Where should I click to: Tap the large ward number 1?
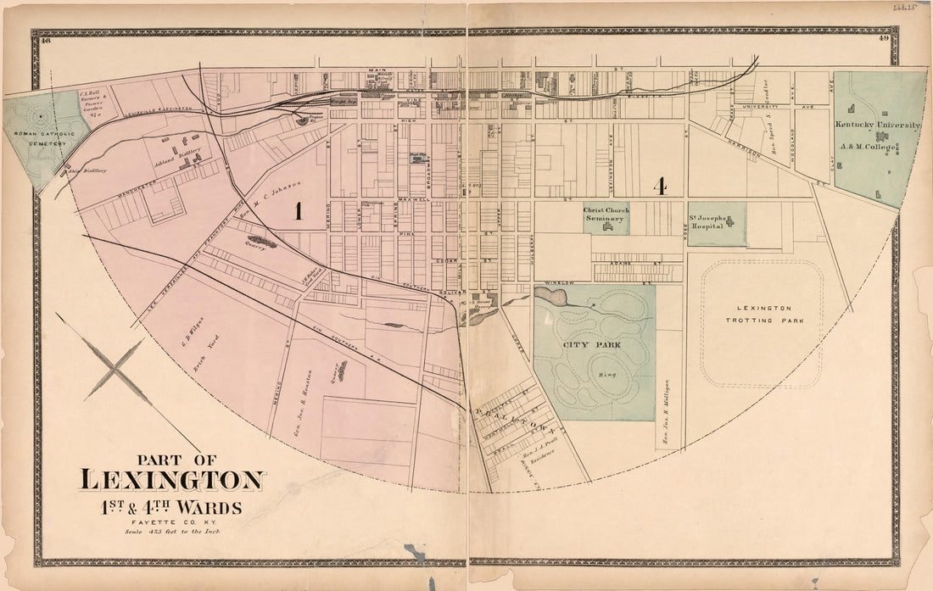coord(299,212)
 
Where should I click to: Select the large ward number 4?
coord(658,186)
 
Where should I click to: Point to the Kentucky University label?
coord(877,125)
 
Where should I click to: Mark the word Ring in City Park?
coord(606,373)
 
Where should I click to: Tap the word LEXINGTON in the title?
coord(172,480)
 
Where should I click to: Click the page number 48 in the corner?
coord(46,39)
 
